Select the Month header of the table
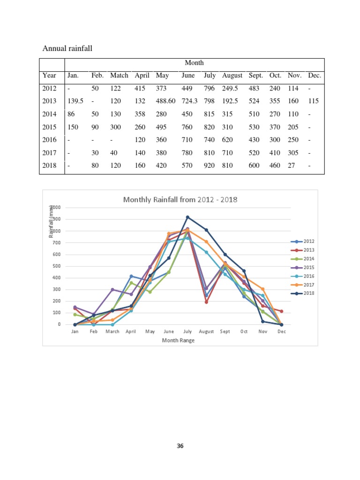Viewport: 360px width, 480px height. pos(194,63)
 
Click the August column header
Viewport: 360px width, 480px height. pos(232,75)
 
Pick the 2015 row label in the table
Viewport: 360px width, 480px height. pos(49,127)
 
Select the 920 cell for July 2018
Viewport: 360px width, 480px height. pos(210,165)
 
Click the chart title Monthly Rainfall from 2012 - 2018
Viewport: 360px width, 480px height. pos(180,200)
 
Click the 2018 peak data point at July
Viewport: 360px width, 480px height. pos(187,217)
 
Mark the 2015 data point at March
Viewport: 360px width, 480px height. pos(112,289)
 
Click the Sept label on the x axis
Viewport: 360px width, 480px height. pos(225,331)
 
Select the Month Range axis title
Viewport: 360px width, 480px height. pos(178,340)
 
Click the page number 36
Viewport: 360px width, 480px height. pos(180,446)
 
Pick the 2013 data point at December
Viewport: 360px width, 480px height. pos(281,311)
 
